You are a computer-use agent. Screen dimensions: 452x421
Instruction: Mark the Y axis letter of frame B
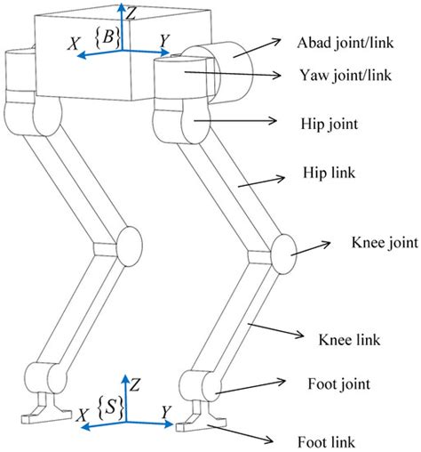(164, 40)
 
